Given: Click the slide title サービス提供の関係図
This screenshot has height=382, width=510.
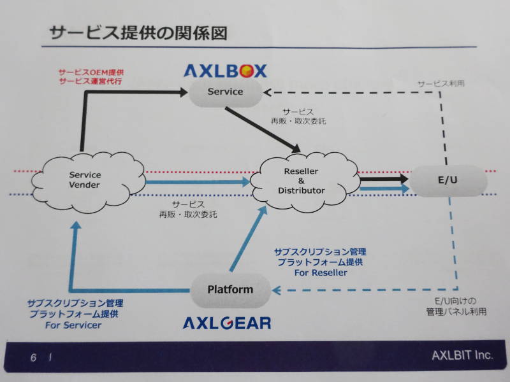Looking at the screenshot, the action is (x=138, y=33).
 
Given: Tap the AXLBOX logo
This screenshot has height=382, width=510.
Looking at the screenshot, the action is (x=225, y=71).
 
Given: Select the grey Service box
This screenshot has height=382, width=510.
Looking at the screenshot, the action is (x=226, y=92).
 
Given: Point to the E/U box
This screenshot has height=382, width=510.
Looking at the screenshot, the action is (x=448, y=180).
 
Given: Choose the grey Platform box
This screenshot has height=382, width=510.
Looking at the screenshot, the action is (x=230, y=290).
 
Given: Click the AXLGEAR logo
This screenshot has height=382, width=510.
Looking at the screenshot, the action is (x=227, y=323).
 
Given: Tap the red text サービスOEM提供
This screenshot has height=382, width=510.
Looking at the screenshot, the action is (x=91, y=72).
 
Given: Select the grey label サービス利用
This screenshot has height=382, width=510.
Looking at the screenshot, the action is (x=441, y=83).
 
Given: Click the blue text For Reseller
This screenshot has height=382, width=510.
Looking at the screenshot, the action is (x=321, y=273).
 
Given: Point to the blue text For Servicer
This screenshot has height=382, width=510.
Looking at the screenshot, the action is (x=73, y=325).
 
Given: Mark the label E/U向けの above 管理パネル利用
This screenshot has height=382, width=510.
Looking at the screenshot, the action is (x=455, y=301).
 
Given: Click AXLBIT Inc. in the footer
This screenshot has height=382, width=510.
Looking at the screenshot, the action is (x=462, y=356).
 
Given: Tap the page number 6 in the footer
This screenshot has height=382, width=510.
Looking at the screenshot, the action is (x=33, y=358).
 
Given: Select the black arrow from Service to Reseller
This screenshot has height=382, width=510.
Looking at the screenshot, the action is (x=263, y=130).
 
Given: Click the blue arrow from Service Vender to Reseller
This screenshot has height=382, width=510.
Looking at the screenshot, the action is (x=198, y=182).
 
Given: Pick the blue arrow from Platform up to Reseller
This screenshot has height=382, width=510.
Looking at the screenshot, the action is (x=249, y=238).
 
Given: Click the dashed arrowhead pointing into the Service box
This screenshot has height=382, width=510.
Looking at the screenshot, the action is (x=268, y=93).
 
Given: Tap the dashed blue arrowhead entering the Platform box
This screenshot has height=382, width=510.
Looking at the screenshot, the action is (x=277, y=290).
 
